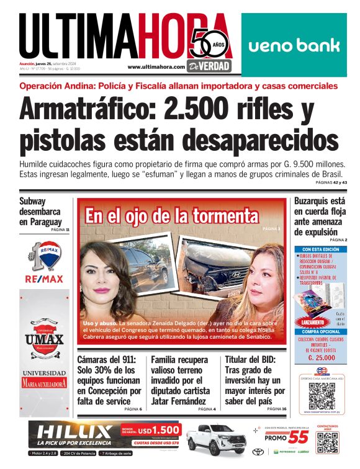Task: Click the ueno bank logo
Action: (294, 45)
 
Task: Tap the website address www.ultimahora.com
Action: (156, 67)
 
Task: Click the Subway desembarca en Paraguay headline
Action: (41, 212)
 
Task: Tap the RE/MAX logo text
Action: (43, 279)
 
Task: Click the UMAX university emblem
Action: (44, 337)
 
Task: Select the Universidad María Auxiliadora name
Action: (44, 379)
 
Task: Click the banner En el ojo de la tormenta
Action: (171, 217)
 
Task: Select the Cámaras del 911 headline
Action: (109, 380)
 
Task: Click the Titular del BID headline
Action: (256, 380)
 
